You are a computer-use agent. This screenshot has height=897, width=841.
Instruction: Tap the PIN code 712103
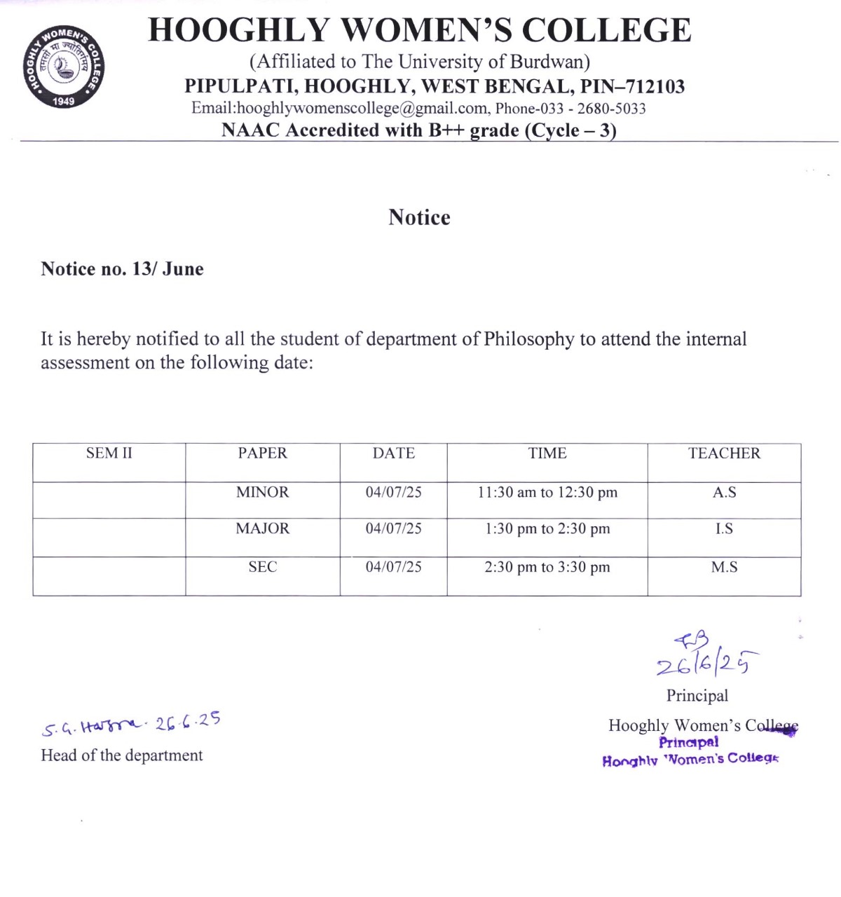coord(655,86)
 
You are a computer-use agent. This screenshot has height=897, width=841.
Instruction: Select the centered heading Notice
coord(419,217)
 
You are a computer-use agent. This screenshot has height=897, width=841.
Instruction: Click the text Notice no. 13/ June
coord(122,269)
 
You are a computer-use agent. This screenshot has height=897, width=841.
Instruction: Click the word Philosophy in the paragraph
coord(528,339)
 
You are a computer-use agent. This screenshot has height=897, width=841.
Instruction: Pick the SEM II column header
coord(109,453)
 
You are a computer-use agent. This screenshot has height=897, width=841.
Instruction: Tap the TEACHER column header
coord(723,453)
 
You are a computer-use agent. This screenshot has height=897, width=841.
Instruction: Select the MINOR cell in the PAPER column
coord(262,493)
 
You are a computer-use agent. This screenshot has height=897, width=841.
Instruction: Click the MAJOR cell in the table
coord(262,528)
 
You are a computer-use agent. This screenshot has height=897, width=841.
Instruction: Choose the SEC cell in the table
coord(262,567)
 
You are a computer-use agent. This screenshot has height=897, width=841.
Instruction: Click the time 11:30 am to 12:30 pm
coord(547,493)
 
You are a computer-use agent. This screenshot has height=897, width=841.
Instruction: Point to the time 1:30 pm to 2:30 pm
coord(547,528)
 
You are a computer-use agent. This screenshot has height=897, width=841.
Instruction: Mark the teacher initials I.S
coord(723,528)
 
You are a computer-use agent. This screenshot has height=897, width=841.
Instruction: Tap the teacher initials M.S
coord(723,567)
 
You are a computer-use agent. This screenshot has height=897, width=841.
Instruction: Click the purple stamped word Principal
coord(688,742)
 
